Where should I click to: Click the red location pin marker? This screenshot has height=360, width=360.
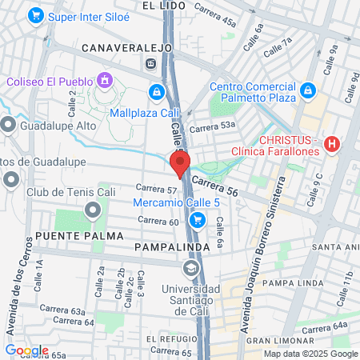tap(179, 163)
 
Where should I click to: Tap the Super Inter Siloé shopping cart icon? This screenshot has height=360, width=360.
tap(34, 15)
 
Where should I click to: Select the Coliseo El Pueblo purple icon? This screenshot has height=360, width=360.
tap(103, 80)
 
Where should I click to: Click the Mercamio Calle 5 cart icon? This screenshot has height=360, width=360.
tap(198, 220)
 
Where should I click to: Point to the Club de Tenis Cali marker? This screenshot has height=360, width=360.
tap(93, 210)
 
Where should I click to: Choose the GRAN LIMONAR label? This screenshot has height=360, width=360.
tap(276, 341)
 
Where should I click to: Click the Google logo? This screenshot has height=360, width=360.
tap(26, 350)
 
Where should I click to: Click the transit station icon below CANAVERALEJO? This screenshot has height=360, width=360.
tap(150, 63)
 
